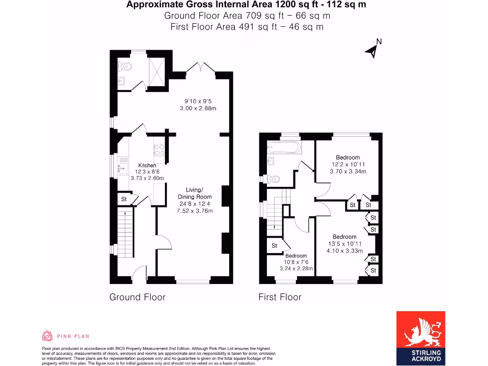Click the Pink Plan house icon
(x=47, y=336)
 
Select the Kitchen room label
(x=147, y=165)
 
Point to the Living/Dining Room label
(x=194, y=193)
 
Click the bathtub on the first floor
(x=285, y=147)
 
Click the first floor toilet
(x=273, y=179)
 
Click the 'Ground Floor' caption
(x=137, y=297)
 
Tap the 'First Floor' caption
(x=280, y=297)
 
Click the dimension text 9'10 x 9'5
(x=198, y=101)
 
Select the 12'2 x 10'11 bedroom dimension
(x=348, y=164)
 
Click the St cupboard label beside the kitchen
(x=124, y=199)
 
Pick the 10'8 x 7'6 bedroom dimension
(x=296, y=262)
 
